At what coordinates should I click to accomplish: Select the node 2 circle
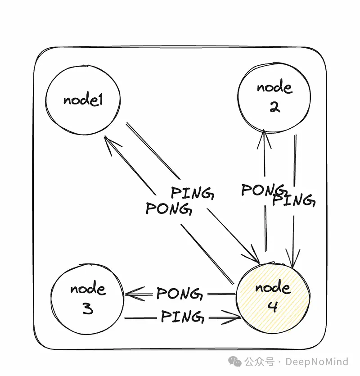(274, 98)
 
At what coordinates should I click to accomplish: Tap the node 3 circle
(88, 298)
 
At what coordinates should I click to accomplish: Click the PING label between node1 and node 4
(192, 193)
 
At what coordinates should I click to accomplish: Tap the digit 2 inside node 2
(274, 108)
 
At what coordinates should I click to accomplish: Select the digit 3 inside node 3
(87, 309)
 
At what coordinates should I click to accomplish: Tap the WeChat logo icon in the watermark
(234, 361)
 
